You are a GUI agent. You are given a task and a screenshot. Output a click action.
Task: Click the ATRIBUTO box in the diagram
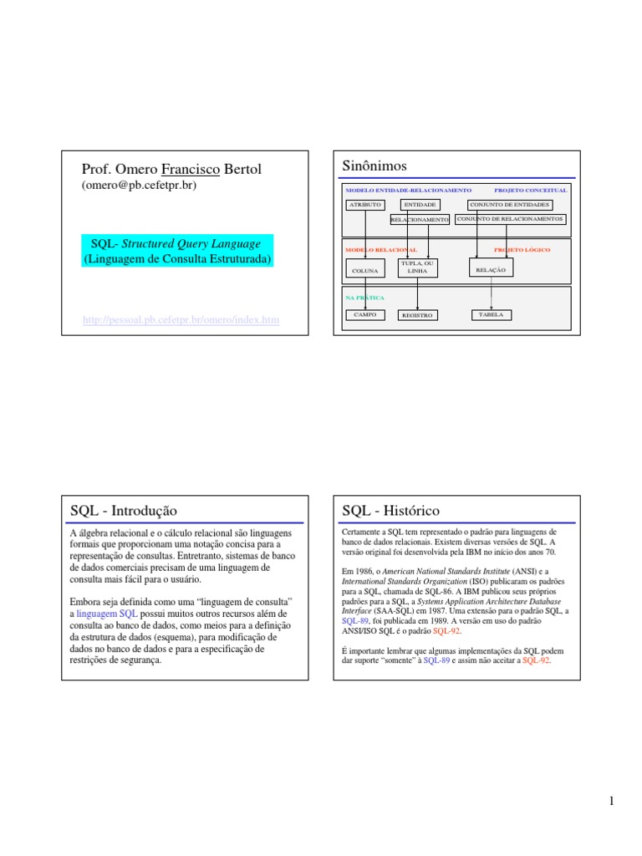[x=365, y=205]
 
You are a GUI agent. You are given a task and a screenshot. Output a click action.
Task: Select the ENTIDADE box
[x=419, y=205]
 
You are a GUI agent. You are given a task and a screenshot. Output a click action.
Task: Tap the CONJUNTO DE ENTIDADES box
[x=510, y=205]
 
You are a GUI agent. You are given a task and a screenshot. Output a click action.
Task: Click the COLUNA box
[x=365, y=270]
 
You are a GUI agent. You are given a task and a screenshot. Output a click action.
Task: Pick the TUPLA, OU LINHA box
[x=416, y=267]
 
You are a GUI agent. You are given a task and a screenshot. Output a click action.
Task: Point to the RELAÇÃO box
[x=491, y=269]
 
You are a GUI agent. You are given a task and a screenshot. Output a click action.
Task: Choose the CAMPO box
[x=365, y=315]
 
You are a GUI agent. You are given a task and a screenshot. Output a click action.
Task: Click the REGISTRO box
[x=417, y=316]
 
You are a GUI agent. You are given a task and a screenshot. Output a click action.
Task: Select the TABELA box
[x=491, y=315]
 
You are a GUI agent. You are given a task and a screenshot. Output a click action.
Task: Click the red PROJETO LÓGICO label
[x=522, y=250]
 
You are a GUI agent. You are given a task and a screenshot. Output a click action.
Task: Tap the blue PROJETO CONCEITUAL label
[x=530, y=190]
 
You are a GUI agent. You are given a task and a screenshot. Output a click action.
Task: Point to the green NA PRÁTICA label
[x=364, y=297]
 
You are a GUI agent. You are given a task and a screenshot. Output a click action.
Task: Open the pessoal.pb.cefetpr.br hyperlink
[x=181, y=320]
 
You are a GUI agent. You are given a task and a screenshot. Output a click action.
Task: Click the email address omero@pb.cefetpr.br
[x=138, y=186]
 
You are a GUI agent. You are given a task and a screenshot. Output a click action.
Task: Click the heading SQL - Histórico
[x=390, y=510]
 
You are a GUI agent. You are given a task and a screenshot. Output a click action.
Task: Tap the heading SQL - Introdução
[x=123, y=510]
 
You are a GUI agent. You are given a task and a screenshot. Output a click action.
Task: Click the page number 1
[x=612, y=802]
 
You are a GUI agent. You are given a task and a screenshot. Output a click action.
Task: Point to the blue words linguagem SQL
[x=102, y=614]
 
